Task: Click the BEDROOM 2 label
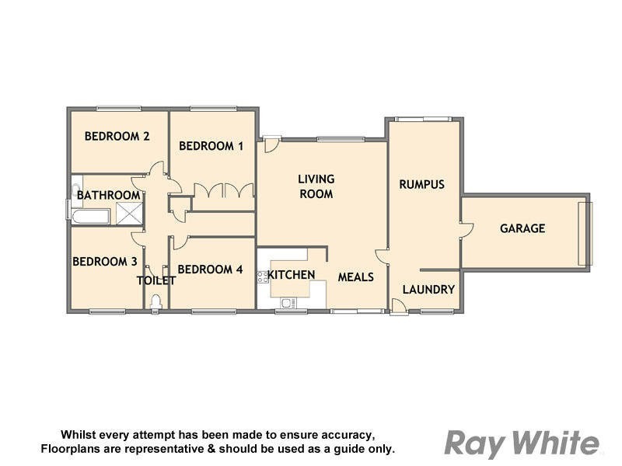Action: (x=117, y=136)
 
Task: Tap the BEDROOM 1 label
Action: (x=211, y=145)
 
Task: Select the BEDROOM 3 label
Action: (x=105, y=261)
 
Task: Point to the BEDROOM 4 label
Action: (x=211, y=270)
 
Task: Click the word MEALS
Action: (x=355, y=276)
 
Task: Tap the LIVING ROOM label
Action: (x=316, y=186)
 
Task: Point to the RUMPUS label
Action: (x=421, y=184)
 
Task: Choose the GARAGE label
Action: (x=522, y=228)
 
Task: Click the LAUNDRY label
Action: (x=428, y=290)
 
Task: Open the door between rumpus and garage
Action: (x=466, y=227)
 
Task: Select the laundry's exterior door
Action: (x=397, y=308)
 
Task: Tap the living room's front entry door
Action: (x=270, y=142)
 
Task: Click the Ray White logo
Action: (x=522, y=443)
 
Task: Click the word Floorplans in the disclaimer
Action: (x=73, y=449)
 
